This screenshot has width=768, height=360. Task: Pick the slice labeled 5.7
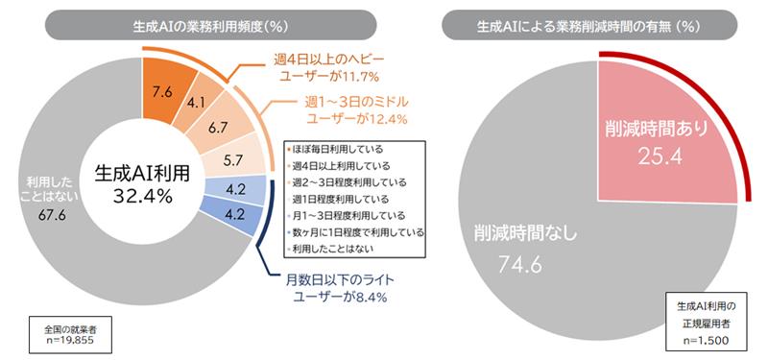(231, 159)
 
